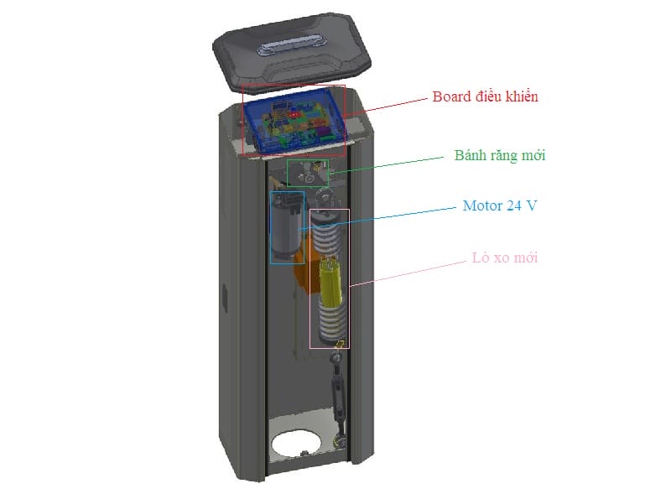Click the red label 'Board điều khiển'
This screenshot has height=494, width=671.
coord(485,96)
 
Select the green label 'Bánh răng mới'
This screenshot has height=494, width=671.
coord(500,155)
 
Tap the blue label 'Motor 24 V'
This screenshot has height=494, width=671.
coord(499,205)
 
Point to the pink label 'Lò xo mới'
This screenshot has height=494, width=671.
coord(505,257)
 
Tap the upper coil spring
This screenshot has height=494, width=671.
coord(327,237)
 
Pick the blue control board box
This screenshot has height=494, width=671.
coord(294,120)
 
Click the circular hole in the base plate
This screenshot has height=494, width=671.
coord(299,444)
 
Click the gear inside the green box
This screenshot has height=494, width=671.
coord(306,174)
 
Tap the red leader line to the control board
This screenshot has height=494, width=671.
coord(386,107)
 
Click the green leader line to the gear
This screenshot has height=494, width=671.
coord(386,165)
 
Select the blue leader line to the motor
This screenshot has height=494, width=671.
coord(379,219)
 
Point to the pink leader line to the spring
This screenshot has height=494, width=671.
coord(408,273)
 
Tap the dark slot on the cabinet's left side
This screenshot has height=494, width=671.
coord(224,300)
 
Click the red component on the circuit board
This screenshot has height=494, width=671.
coord(294,115)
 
